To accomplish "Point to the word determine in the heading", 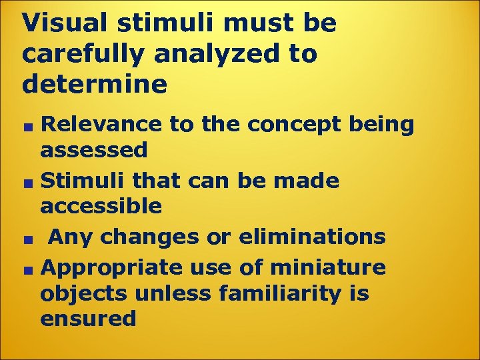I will (95, 84).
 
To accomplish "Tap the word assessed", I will (94, 151).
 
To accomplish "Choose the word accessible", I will (101, 207).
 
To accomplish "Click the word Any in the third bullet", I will (68, 237).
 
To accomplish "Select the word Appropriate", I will (111, 268).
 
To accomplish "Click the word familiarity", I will (276, 293).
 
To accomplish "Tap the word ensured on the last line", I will (88, 319).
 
